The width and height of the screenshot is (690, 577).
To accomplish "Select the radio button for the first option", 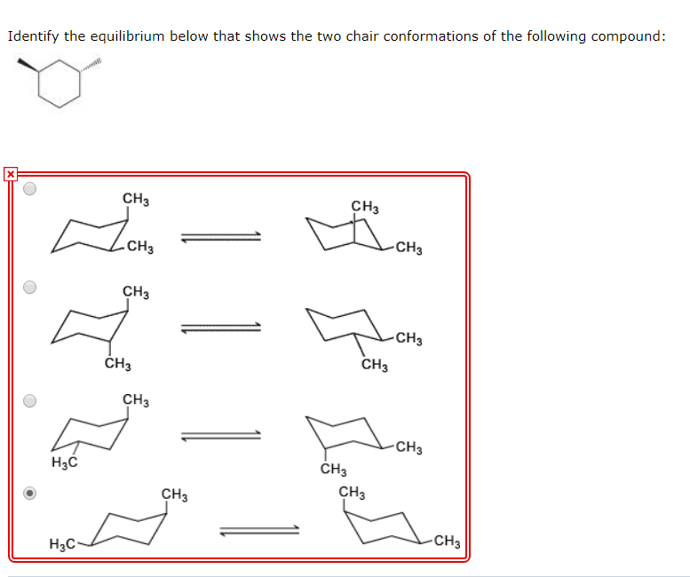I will coord(30,189).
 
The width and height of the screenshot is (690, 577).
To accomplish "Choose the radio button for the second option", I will coord(30,287).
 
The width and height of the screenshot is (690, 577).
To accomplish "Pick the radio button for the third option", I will coord(30,400).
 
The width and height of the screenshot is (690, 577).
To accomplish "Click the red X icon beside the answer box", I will coord(10,174).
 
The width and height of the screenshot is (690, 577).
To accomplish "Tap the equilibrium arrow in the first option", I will coord(220,237).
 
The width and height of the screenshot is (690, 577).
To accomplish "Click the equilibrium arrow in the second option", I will coord(220,328).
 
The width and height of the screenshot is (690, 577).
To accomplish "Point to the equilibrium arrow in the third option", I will coord(220,435).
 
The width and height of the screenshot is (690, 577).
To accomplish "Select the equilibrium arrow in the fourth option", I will coord(259,531).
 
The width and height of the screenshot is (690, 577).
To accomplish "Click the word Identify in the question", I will coord(33,36).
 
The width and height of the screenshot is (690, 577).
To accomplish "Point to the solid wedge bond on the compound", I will coord(29,66).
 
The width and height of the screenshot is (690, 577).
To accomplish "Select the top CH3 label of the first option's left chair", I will coord(136,198).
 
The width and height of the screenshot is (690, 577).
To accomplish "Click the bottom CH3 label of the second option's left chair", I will coord(117,363).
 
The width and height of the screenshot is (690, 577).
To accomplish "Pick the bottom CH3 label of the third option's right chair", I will coord(334,470).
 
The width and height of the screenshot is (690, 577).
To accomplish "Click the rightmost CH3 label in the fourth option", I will coord(447,541).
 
